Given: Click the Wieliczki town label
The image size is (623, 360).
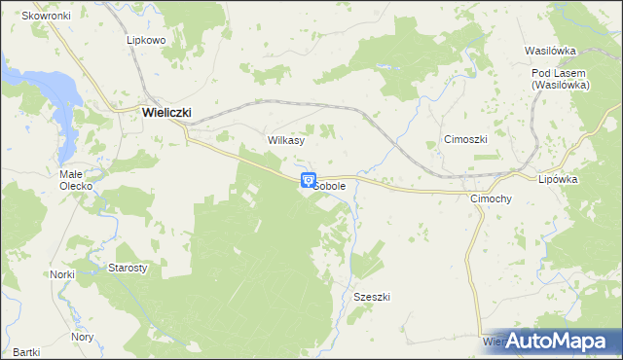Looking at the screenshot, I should pos(165,112).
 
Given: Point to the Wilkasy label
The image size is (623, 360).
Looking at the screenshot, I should pos(286,140).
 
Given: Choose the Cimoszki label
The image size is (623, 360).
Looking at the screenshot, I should pos(464,139).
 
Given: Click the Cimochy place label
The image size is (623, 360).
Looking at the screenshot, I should pos(491,198).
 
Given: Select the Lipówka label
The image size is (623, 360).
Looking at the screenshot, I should pos(559,179).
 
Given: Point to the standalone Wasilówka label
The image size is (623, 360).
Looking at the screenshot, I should pos(551,50).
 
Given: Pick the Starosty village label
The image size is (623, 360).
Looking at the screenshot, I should pos(127,267).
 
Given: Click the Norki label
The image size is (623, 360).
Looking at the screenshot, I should pos(62,274).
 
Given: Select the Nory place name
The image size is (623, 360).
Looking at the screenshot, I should pos(83,337).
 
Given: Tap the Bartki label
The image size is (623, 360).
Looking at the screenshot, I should pos(26,351).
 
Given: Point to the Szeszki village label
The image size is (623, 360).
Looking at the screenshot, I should pos(372,297).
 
